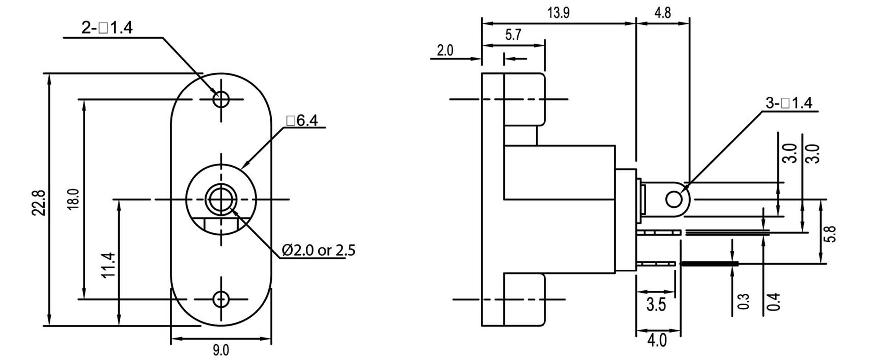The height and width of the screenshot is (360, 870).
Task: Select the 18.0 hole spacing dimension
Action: [x=73, y=199]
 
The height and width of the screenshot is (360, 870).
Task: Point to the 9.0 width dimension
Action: [x=221, y=350]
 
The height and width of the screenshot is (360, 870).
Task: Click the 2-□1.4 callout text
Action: [x=107, y=28]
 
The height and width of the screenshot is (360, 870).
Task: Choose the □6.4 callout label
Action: [x=302, y=120]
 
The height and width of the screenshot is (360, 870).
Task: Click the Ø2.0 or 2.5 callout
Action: [x=319, y=250]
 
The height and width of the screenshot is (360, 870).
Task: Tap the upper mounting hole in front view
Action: [x=221, y=99]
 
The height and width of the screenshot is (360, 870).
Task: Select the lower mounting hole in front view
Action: [x=221, y=299]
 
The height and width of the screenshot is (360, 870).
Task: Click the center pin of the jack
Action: [x=221, y=199]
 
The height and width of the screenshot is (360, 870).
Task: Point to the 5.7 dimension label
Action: [x=513, y=35]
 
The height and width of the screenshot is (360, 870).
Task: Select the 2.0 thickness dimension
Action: [x=445, y=51]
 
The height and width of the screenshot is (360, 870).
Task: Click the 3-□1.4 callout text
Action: [x=788, y=103]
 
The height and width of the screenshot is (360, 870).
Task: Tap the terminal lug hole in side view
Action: [x=673, y=199]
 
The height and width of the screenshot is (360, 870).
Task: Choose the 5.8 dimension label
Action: [x=831, y=234]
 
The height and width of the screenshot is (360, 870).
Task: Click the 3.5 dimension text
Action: [x=656, y=305]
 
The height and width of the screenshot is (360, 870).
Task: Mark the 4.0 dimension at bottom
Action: [x=657, y=340]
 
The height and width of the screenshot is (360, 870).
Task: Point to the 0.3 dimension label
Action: [x=744, y=301]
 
